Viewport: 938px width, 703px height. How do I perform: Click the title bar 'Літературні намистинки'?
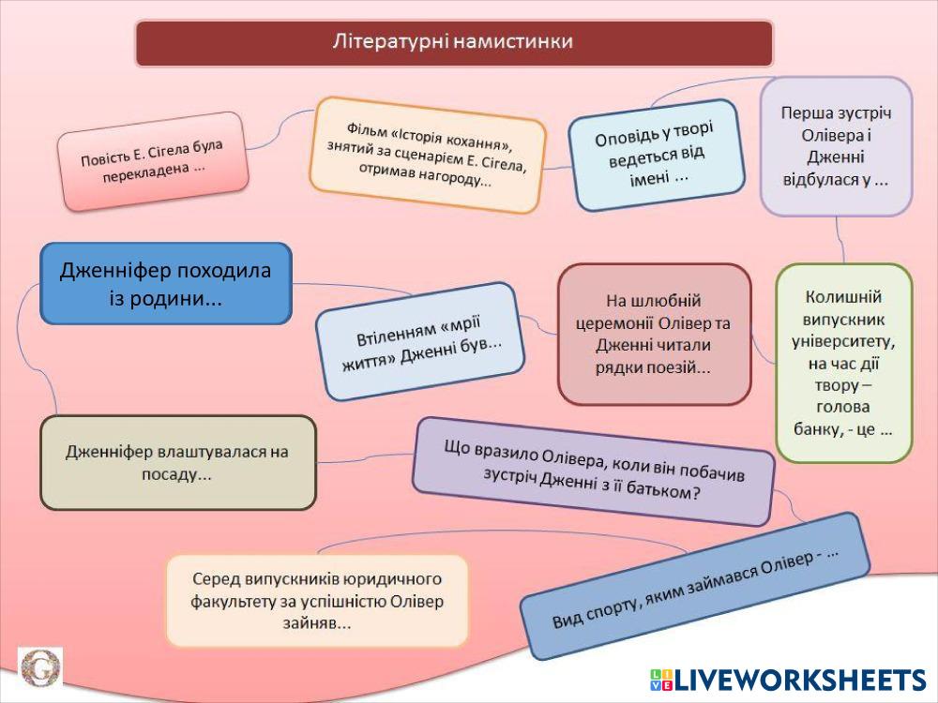454,43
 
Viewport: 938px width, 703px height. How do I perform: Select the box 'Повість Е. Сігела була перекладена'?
152,160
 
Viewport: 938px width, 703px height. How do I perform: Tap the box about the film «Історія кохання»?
428,156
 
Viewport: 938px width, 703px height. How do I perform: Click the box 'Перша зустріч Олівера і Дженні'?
835,146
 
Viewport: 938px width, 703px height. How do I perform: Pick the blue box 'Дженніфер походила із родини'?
165,284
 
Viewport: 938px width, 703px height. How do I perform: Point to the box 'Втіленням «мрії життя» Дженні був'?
417,341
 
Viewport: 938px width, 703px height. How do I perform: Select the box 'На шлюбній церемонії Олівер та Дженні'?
654,334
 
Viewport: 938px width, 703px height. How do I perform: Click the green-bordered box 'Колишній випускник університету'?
843,363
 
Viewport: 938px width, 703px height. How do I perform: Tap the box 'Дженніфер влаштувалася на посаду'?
177,463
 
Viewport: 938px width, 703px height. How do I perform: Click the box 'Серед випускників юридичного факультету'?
317,601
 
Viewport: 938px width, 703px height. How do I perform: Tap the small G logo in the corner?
39,668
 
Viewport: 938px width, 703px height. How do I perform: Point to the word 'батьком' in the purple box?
665,493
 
